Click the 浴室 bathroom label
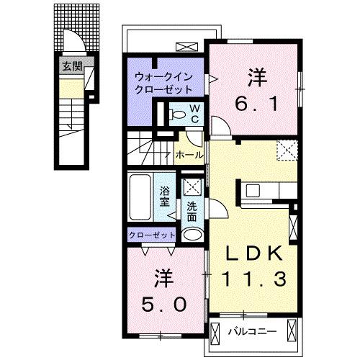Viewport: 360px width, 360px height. tap(165, 196)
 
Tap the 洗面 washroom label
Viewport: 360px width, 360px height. tap(192, 211)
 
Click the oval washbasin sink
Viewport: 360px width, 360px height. tap(192, 234)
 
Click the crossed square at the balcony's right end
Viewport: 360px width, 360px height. tap(291, 331)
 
